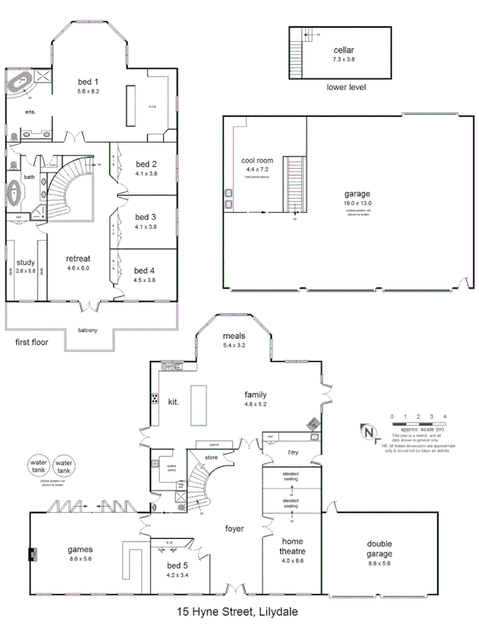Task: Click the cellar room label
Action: coord(343,50)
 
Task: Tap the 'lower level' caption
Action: coord(346,87)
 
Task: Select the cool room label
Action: coord(257,160)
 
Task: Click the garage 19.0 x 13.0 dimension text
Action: coord(358,203)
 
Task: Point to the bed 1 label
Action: coord(89,81)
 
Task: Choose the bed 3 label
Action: coord(145,217)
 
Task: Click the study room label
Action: coord(26,262)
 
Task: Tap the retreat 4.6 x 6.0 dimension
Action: coord(78,268)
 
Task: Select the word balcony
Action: coord(87,329)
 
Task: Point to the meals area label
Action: coord(234,336)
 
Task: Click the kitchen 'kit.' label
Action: coord(173,401)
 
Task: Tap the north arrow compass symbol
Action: coord(368,432)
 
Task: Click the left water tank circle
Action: coord(38,467)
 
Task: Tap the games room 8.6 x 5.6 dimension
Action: coord(80,559)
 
